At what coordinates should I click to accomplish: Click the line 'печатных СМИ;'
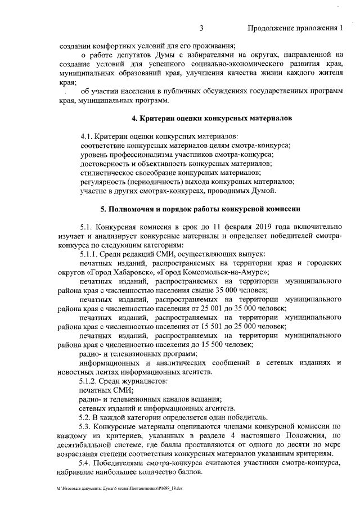[x=106, y=390]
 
